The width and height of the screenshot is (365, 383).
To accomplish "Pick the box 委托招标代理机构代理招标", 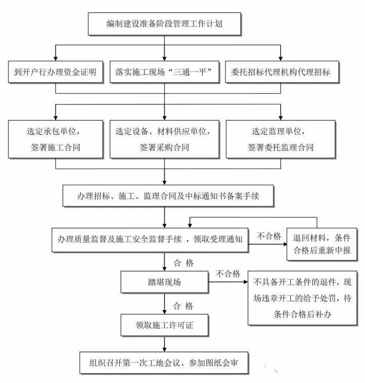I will [280, 72].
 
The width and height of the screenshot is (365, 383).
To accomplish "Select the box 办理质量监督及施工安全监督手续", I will [151, 238].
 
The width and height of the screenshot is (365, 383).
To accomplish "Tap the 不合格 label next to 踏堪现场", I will [228, 274].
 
